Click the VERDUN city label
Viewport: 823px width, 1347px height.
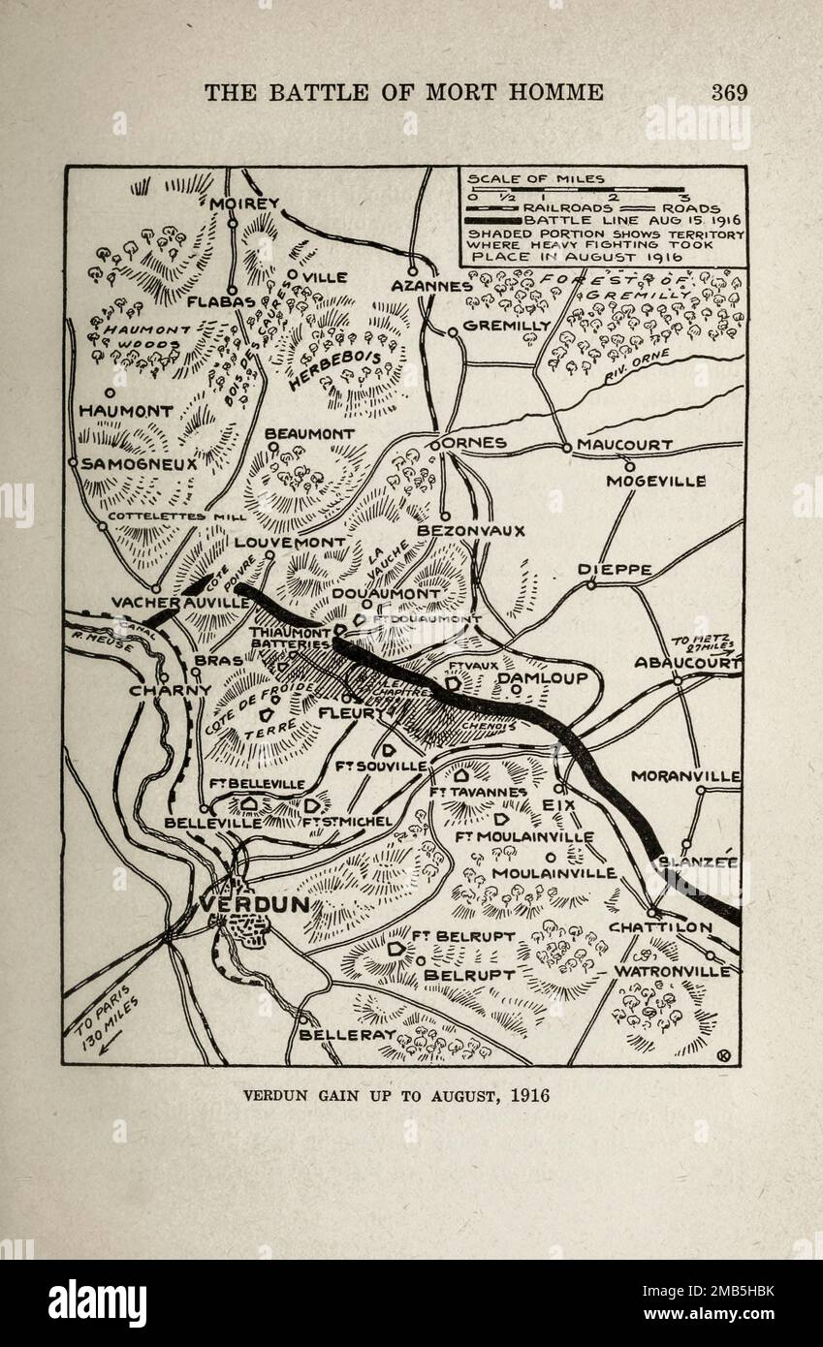click(x=255, y=903)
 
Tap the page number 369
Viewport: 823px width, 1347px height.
click(x=729, y=92)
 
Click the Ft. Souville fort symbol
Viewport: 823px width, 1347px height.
click(x=388, y=750)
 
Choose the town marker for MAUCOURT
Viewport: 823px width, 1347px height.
click(x=567, y=447)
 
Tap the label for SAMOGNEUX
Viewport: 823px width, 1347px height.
click(x=139, y=464)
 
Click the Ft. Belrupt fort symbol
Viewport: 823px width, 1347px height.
click(x=395, y=953)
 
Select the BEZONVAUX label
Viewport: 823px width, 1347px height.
click(x=470, y=531)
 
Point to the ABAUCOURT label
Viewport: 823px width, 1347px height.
click(x=686, y=663)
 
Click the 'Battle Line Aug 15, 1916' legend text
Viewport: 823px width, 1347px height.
click(x=628, y=220)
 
